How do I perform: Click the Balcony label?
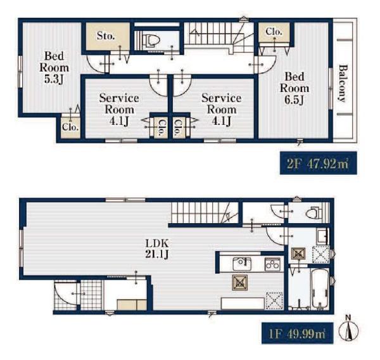point(342,83)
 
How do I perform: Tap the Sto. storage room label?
point(106,36)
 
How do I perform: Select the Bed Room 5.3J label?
point(54,68)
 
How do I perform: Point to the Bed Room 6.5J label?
point(294,88)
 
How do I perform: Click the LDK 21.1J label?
point(157,248)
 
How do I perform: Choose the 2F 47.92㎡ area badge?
point(318,163)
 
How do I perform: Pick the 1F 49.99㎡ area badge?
point(298,333)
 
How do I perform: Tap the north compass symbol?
point(348,329)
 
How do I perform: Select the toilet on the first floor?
point(313,213)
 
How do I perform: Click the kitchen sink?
point(242,264)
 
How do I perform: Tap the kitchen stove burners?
point(272,264)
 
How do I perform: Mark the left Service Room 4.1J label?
point(119,110)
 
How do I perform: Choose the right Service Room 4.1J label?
point(221,110)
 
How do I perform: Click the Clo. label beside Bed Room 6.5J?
point(274,32)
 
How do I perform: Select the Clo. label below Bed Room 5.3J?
point(70,127)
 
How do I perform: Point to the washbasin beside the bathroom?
point(322,236)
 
